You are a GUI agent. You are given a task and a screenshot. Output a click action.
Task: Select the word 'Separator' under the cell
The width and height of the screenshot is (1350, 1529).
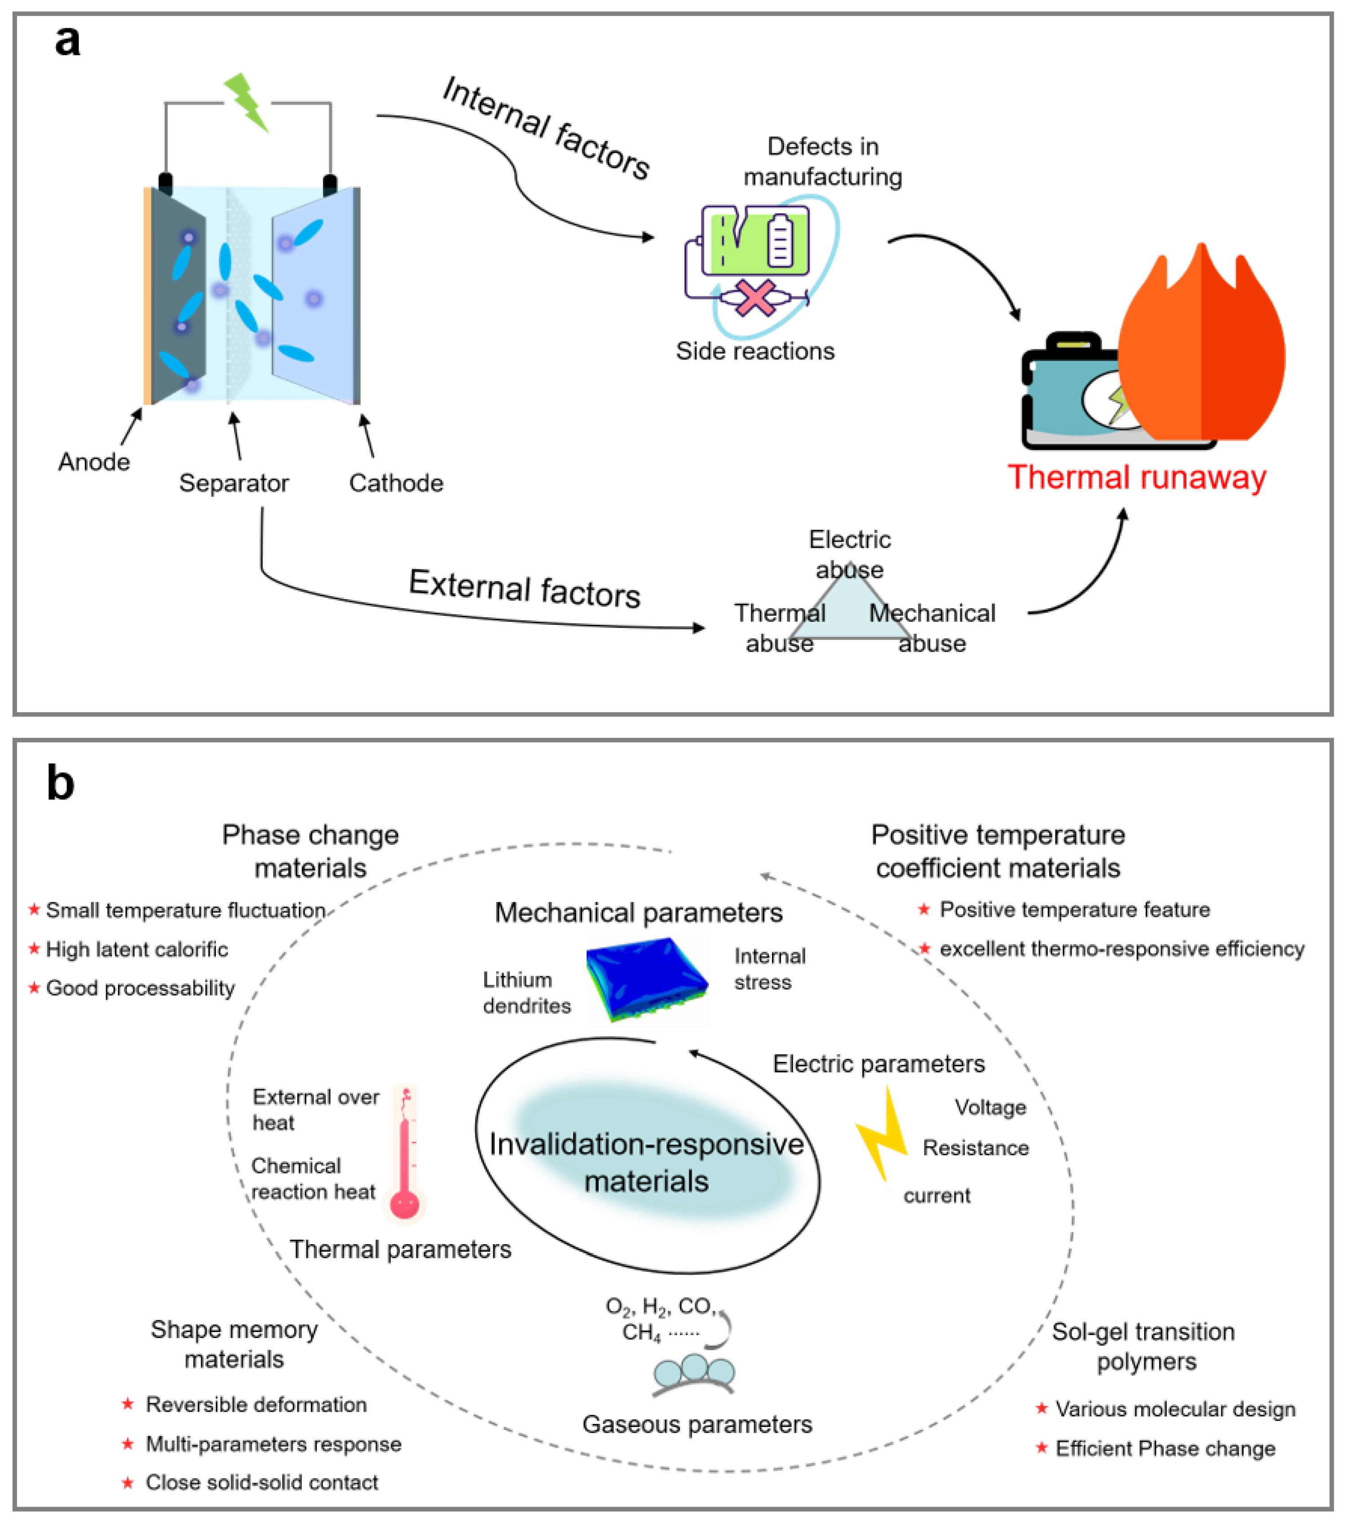234,483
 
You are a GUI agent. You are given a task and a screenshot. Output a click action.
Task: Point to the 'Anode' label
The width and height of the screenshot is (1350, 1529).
93,462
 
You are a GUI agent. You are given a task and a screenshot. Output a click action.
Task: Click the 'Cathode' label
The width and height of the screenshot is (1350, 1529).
396,483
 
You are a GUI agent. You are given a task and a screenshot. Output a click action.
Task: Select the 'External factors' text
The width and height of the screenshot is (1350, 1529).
524,589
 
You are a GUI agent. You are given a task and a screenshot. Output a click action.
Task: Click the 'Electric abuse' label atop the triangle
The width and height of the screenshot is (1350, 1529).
850,553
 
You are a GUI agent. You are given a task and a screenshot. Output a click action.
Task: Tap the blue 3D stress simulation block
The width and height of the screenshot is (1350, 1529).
647,980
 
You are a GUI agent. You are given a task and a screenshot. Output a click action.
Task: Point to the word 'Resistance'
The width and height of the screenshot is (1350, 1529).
975,1148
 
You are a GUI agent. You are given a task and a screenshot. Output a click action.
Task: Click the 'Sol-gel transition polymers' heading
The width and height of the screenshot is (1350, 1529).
1143,1347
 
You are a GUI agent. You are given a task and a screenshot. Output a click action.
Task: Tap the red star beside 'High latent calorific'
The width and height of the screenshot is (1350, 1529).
34,949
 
